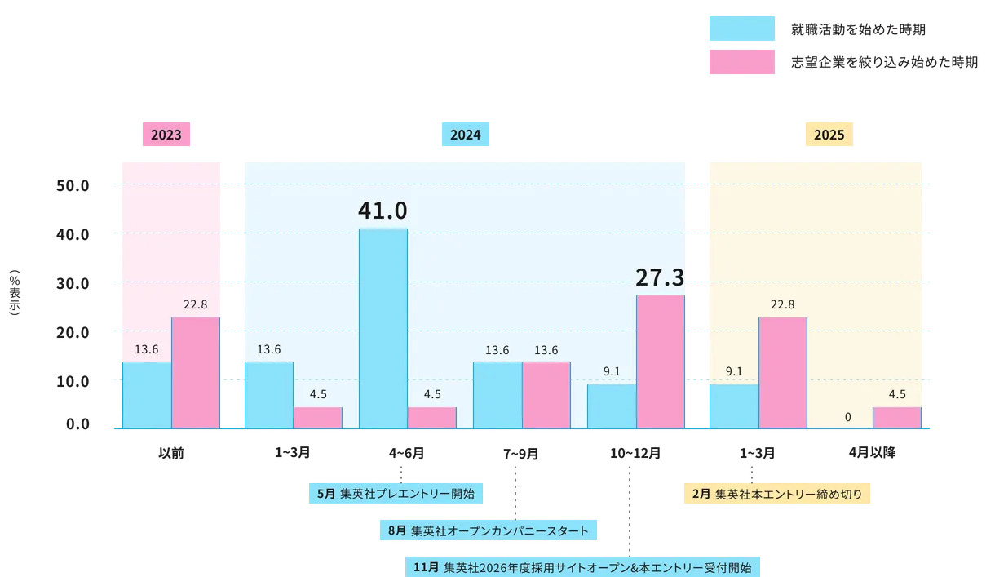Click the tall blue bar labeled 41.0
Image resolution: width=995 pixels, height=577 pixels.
point(383,327)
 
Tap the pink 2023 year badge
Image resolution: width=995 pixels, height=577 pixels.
point(166,135)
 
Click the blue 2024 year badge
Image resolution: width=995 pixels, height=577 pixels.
point(465,135)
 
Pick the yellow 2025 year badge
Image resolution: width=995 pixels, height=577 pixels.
point(829,135)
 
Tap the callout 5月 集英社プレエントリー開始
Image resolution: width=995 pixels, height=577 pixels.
point(397,494)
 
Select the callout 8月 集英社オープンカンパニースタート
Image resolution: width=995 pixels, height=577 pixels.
point(488,530)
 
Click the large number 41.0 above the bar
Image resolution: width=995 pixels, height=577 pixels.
point(383,211)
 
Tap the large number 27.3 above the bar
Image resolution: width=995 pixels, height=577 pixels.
point(660,277)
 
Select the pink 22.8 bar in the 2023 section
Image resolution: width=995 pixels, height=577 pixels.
point(196,372)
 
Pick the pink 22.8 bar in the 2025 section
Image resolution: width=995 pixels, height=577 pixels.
point(783,372)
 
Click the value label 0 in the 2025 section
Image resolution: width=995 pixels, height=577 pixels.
point(848,417)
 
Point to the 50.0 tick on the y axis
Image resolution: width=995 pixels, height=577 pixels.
point(72,185)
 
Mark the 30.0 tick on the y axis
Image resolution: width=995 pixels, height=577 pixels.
point(72,283)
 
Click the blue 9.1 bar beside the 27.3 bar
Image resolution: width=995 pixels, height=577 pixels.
point(612,406)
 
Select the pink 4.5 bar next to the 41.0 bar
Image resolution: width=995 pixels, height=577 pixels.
point(432,417)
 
